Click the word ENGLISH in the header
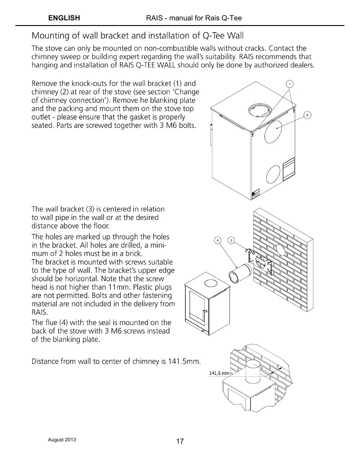(64, 18)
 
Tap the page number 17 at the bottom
(180, 441)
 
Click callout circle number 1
(290, 84)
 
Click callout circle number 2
(307, 115)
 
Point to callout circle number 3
(232, 241)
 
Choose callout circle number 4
(217, 241)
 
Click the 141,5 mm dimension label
(219, 373)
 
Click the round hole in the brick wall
(281, 250)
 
